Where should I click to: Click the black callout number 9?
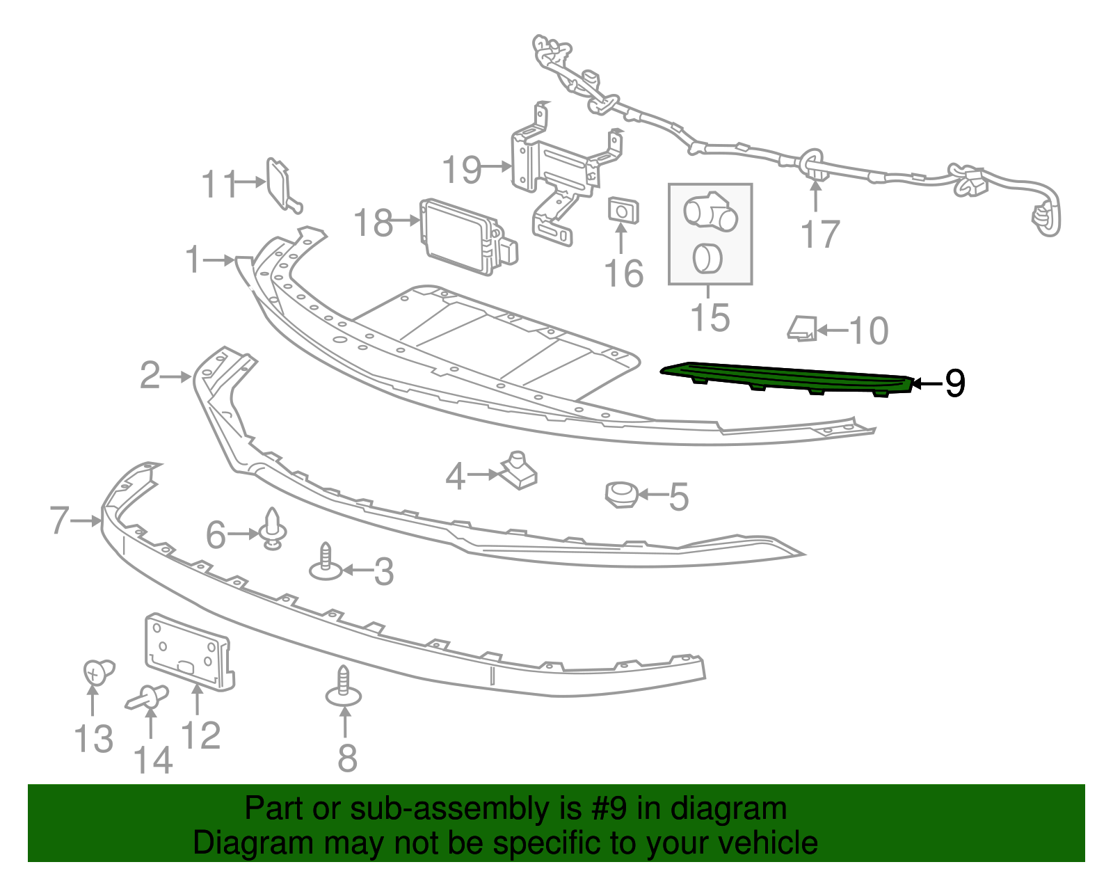coord(955,383)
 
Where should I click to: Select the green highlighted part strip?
coord(786,378)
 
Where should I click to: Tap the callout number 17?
coord(821,234)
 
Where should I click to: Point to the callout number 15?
coord(710,317)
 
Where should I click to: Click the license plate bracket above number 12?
coord(188,651)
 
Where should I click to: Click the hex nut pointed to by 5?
coord(621,495)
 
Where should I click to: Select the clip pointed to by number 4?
coord(519,470)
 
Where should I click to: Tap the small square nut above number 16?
coord(623,210)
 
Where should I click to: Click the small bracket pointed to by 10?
coord(802,328)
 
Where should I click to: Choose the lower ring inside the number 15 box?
coord(707,258)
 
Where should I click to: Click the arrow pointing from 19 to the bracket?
coord(497,167)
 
